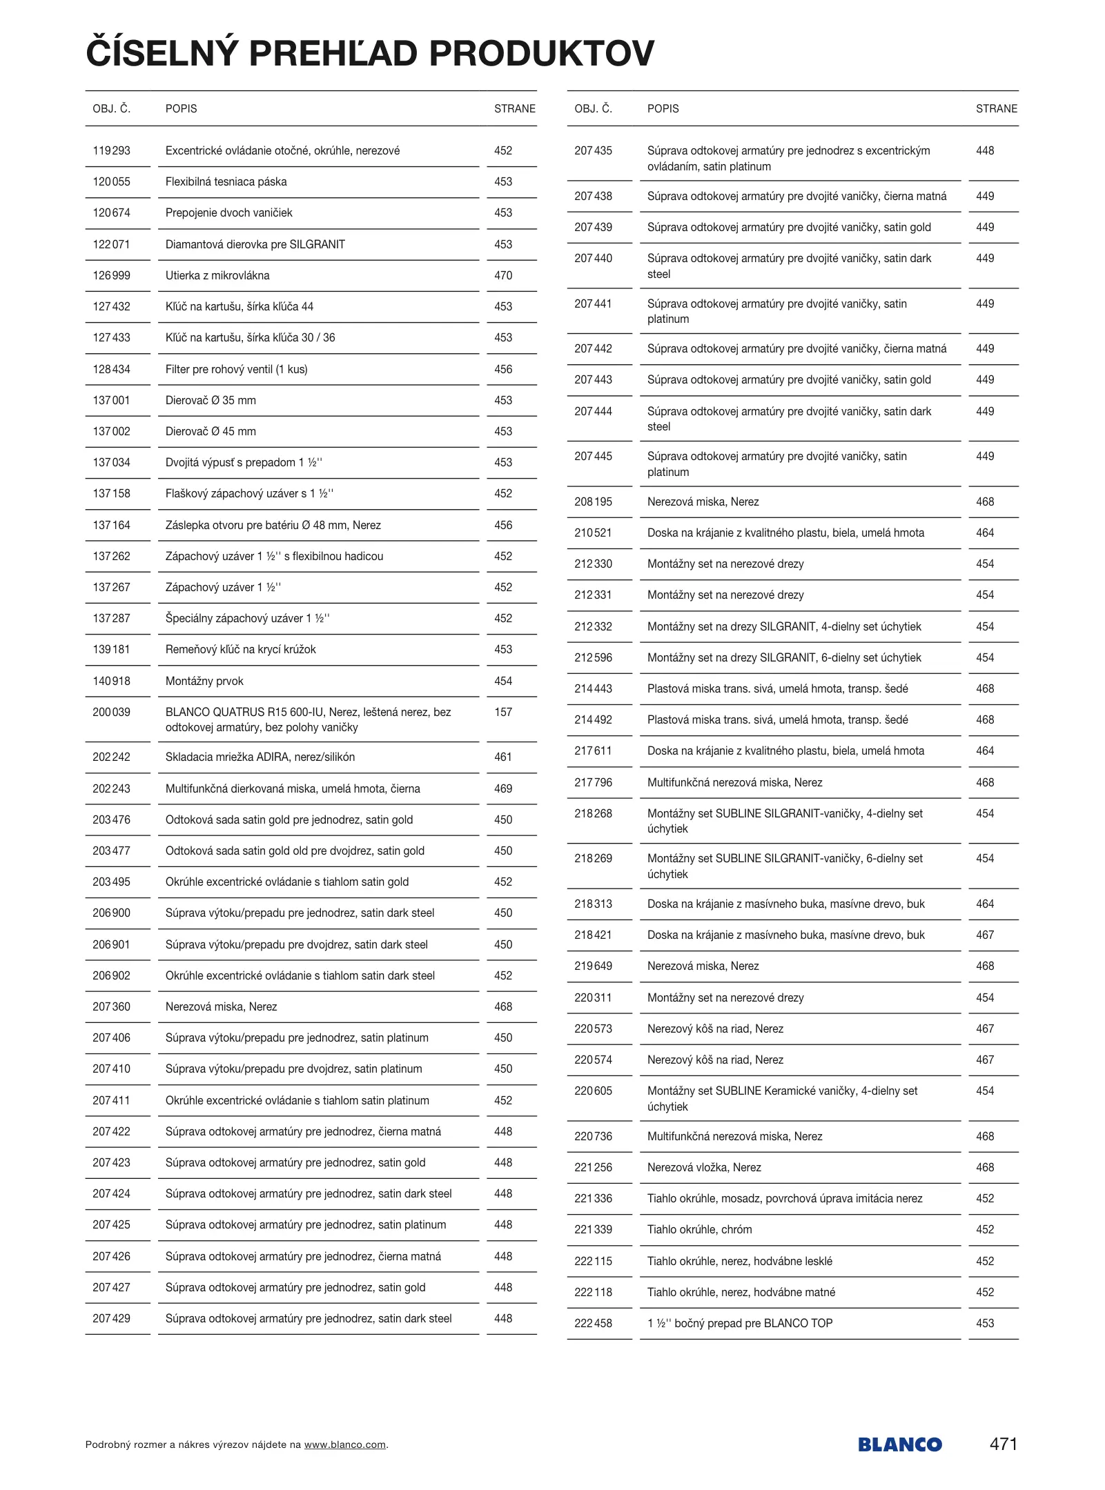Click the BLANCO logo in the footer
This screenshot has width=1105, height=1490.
pos(899,1444)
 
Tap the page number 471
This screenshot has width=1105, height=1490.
pos(1003,1443)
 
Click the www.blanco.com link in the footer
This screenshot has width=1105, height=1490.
pos(344,1444)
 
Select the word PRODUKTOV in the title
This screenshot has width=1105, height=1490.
pos(542,53)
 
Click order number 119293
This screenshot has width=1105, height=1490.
pos(111,150)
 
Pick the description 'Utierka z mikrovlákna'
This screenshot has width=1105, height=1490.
pos(217,275)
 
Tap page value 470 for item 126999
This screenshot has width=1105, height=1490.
pos(503,275)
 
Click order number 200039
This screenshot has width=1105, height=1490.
pos(111,712)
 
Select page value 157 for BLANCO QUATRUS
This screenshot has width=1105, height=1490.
pos(503,712)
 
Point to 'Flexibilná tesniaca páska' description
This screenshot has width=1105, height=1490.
pos(226,181)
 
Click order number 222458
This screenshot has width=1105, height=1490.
pos(593,1323)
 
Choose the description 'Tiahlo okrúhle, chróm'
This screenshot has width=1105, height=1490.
pos(699,1229)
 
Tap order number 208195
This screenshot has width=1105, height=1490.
pos(593,501)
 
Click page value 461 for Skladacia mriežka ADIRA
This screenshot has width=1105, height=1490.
pos(503,757)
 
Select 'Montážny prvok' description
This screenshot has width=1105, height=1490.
pos(204,681)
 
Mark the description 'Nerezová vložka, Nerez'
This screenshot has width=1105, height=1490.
pos(704,1167)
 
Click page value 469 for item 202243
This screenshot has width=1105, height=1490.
pos(503,788)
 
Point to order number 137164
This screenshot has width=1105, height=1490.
pos(111,525)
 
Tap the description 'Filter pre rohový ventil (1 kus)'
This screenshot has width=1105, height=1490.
pos(236,369)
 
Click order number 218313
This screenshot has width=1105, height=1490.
pos(593,904)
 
